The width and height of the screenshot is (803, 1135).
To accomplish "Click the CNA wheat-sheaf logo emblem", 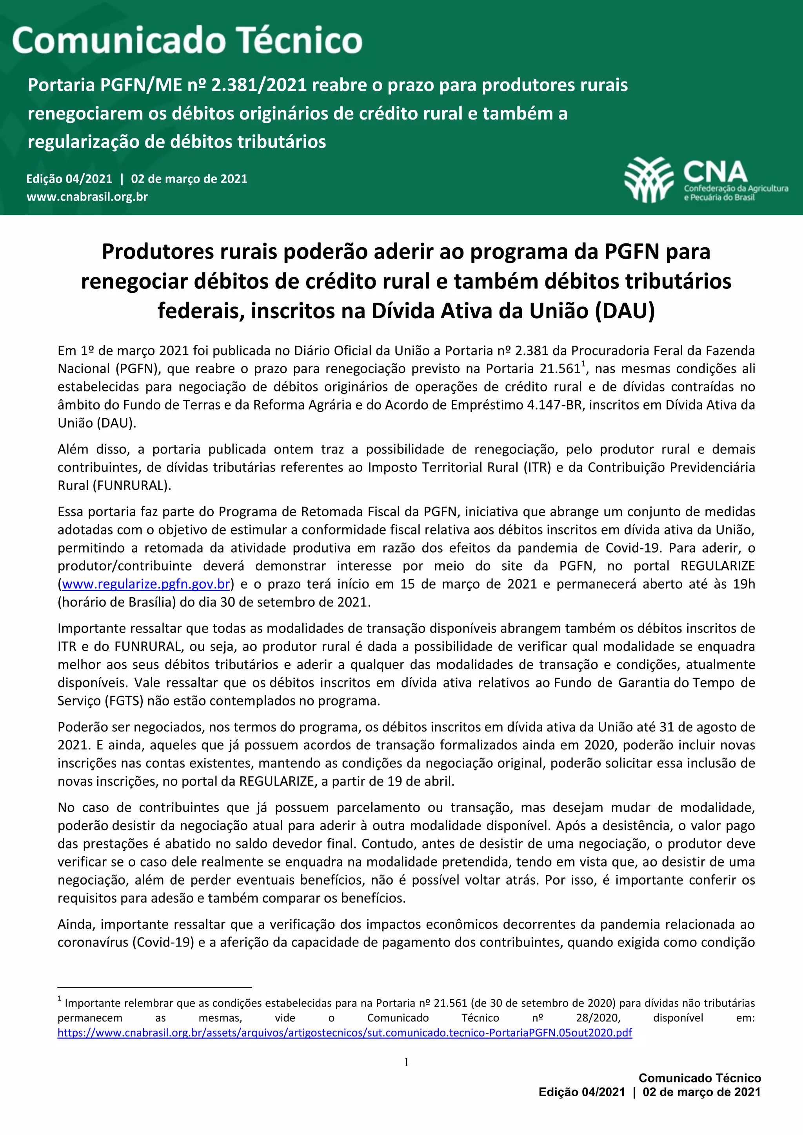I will pos(649,179).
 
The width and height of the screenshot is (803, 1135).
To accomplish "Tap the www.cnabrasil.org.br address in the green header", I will pos(87,197).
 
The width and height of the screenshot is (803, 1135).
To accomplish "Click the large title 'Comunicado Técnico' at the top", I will pos(187,40).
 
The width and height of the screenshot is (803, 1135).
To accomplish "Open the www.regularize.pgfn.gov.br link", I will pos(146,584).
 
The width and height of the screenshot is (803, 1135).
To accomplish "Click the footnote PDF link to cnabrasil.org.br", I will pos(345,1033).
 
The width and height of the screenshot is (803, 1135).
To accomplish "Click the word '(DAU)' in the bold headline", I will pos(625,311).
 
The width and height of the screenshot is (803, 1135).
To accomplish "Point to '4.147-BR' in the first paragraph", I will pos(555,405).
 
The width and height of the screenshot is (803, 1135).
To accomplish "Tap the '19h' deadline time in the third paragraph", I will pos(744,584).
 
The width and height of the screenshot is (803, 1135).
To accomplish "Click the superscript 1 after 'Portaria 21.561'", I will pos(583,364).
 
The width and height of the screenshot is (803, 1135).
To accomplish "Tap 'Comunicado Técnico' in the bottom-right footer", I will pos(699,1078).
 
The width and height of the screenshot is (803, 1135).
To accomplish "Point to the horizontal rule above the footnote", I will pos(154,987).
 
